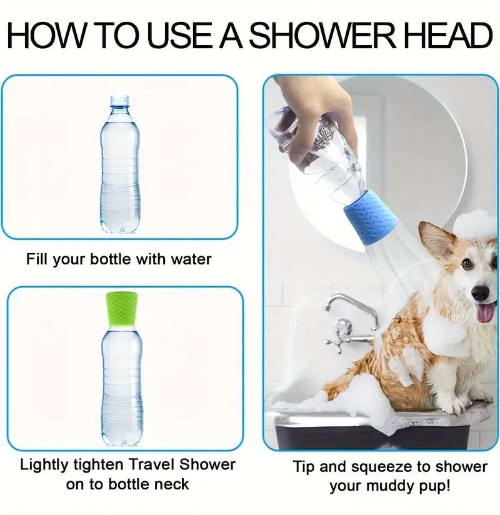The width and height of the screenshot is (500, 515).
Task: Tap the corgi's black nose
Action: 480,293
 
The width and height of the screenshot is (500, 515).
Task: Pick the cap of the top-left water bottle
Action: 119,101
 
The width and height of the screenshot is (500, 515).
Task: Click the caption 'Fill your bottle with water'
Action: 119,259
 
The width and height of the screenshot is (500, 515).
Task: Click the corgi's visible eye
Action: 466,264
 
